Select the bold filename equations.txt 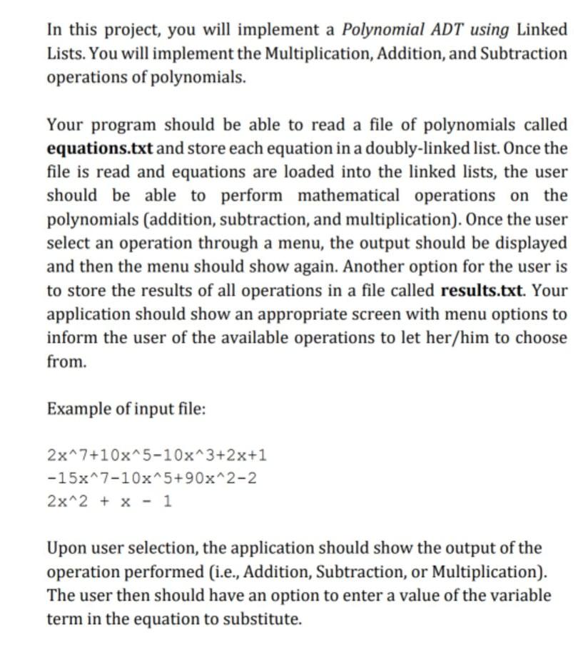99,148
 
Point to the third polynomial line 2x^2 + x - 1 109,500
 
